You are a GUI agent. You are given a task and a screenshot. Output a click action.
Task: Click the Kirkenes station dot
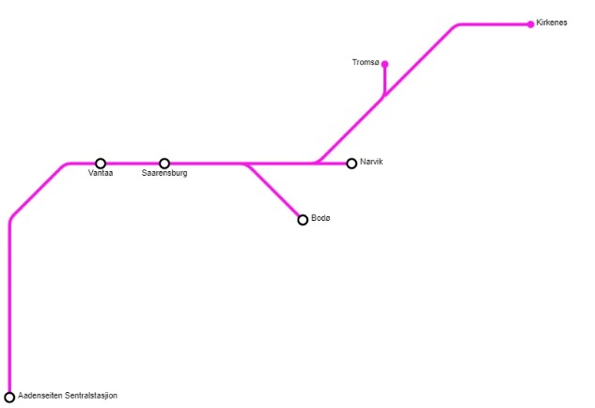[x=531, y=24]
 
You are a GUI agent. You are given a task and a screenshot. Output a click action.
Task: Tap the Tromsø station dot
[x=384, y=64]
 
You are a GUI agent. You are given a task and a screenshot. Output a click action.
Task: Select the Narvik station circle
[x=352, y=164]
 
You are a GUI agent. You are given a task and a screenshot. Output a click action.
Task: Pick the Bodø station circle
[x=303, y=220]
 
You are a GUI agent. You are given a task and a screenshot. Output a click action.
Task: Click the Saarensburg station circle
[x=164, y=164]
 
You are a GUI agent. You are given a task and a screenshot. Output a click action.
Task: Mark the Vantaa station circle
[x=101, y=164]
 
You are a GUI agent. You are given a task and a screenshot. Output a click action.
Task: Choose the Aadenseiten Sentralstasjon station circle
[x=10, y=397]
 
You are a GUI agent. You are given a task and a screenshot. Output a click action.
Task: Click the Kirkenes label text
[x=552, y=23]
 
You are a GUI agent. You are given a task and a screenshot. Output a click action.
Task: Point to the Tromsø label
[x=365, y=63]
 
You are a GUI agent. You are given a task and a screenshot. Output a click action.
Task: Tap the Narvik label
[x=372, y=163]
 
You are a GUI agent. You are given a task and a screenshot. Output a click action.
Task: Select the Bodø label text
[x=321, y=219]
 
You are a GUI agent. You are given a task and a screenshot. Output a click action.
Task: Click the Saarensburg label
[x=164, y=174]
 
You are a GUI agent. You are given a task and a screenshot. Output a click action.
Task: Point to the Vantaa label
[x=101, y=174]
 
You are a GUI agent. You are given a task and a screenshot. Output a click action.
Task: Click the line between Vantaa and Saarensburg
[x=133, y=164]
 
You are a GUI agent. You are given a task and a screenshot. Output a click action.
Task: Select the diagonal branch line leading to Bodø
[x=274, y=193]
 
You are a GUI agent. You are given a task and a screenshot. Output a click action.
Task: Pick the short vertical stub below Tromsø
[x=384, y=81]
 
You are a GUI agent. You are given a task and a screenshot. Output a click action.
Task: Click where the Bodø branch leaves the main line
[x=245, y=164]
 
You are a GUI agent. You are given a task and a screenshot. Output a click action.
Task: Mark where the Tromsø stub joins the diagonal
[x=384, y=96]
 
